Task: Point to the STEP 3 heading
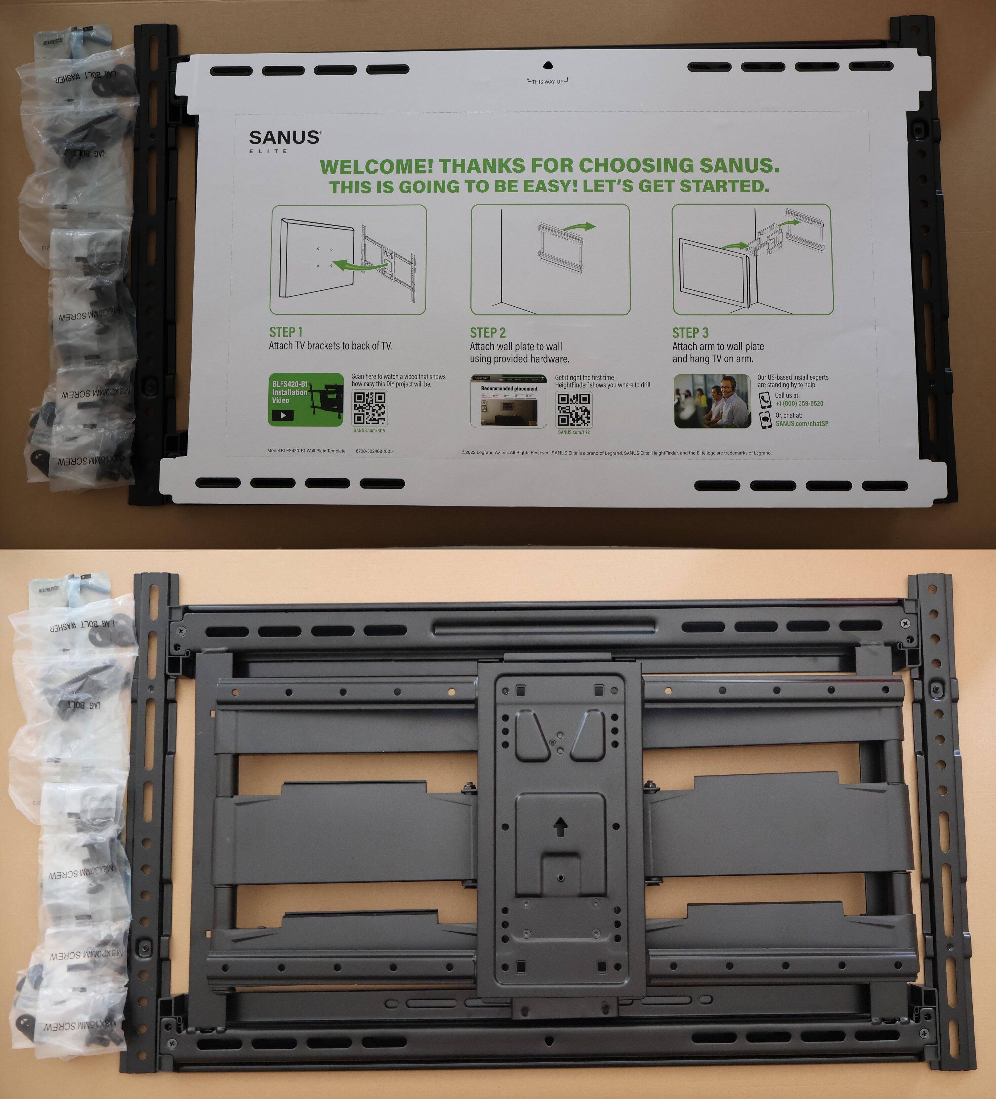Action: (690, 332)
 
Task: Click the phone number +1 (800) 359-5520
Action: (799, 403)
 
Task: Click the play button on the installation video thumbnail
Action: (282, 415)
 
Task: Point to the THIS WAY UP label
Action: (548, 82)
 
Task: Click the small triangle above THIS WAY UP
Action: (548, 65)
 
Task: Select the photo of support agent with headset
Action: (712, 401)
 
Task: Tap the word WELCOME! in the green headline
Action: (376, 166)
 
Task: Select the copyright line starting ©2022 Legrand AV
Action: (616, 452)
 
